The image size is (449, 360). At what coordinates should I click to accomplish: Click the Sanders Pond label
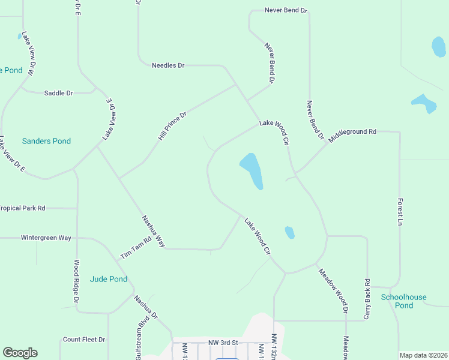[x=46, y=141]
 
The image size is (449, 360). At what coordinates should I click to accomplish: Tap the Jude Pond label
[x=108, y=279]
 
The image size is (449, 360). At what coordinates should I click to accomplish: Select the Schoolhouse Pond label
[x=404, y=301]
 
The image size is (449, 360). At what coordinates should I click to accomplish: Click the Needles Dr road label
[x=168, y=65]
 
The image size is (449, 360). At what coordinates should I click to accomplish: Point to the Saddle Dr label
[x=58, y=93]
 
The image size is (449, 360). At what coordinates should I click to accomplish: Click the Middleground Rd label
[x=352, y=131]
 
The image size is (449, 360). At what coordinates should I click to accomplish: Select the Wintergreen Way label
[x=46, y=238]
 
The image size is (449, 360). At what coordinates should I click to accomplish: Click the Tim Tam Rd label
[x=135, y=247]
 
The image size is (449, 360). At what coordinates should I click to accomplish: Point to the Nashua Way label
[x=153, y=231]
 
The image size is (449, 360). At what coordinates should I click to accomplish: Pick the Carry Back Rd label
[x=367, y=298]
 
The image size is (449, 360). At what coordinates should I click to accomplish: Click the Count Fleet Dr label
[x=84, y=340]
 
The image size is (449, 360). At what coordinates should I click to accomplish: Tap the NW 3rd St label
[x=223, y=343]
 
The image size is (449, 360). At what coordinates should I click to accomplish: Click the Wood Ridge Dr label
[x=76, y=281]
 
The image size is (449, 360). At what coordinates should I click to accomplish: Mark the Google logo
[x=20, y=353]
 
